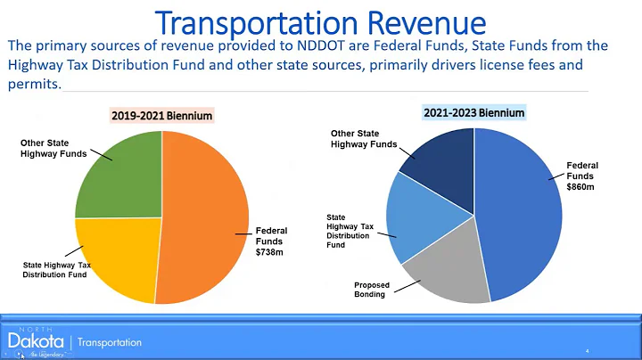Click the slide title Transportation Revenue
(x=320, y=21)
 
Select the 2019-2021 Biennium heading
(x=161, y=116)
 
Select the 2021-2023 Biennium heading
(x=473, y=112)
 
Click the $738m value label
(x=268, y=252)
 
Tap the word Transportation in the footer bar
(x=110, y=342)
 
